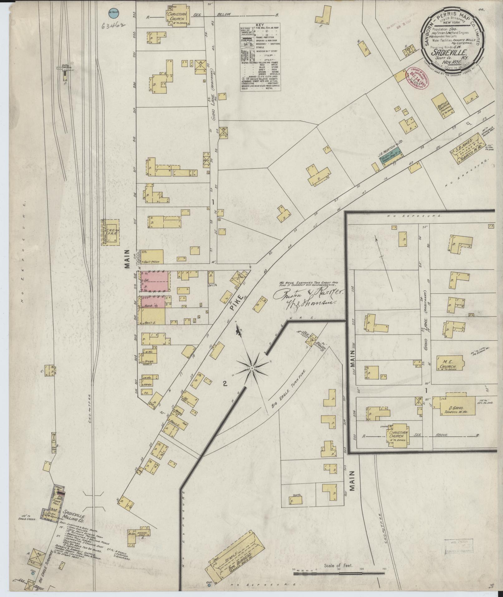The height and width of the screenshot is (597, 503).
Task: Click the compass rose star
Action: click(x=252, y=368)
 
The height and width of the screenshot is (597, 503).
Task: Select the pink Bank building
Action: click(x=153, y=302)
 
